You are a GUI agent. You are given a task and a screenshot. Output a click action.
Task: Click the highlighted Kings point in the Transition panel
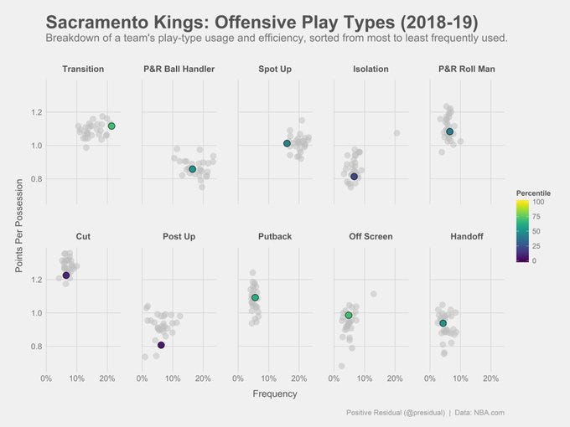111,126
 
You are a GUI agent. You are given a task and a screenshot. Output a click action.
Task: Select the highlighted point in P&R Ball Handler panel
192,169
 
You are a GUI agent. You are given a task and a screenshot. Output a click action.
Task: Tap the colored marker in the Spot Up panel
287,143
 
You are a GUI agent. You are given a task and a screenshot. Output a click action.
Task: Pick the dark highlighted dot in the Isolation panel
354,177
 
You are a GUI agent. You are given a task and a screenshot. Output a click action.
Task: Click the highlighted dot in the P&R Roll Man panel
449,131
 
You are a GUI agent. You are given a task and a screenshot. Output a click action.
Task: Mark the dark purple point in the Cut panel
66,275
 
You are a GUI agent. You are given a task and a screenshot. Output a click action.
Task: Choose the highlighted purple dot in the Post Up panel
161,345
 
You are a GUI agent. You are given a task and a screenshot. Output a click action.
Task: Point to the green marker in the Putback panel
255,297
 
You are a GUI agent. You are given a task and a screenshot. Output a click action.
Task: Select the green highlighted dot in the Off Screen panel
349,315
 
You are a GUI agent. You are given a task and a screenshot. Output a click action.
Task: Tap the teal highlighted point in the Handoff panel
443,323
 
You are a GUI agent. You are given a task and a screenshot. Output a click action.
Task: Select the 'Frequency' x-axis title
274,394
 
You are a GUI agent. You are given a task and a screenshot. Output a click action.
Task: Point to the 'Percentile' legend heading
533,193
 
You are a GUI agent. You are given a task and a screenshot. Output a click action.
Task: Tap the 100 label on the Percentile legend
538,202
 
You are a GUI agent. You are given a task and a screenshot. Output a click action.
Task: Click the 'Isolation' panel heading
370,69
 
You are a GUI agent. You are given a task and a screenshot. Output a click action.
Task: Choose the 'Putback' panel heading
275,237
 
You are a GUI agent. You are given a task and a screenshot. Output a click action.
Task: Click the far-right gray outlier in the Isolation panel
396,133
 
